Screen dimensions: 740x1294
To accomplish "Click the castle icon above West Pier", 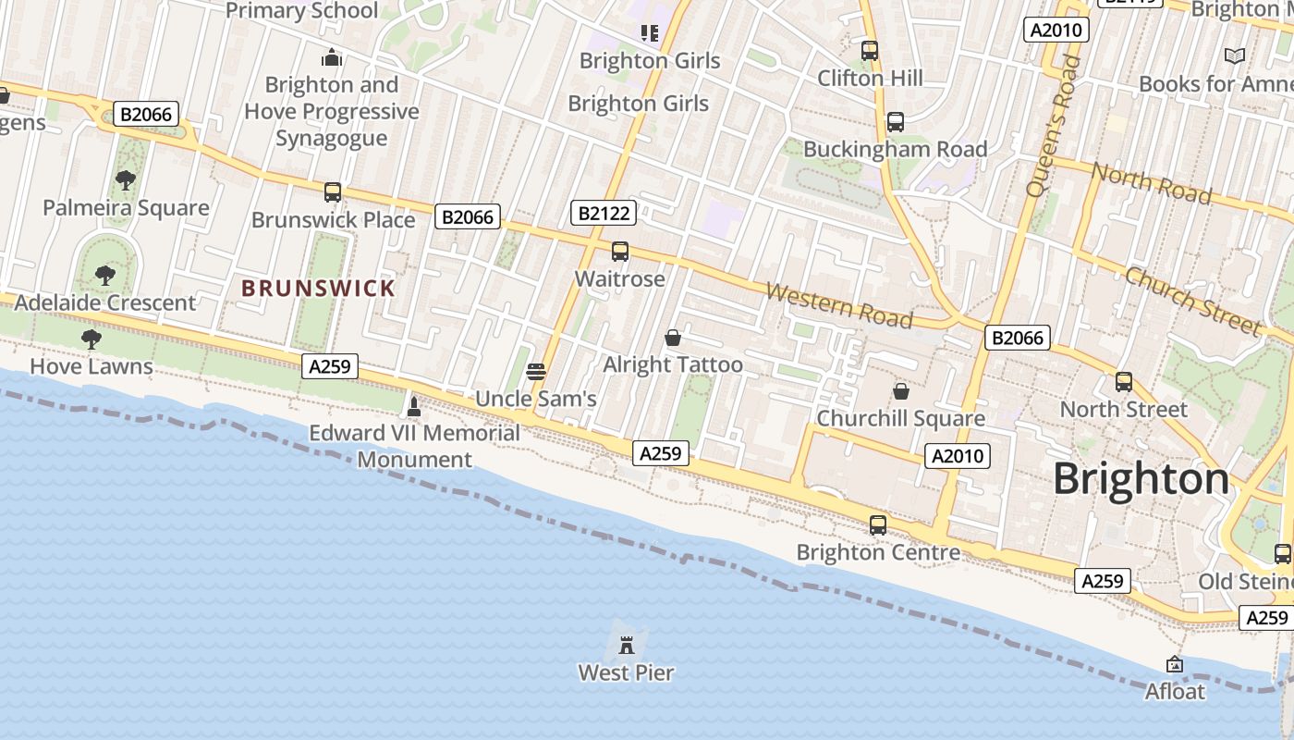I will coord(627,645).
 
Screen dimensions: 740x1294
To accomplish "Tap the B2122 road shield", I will coord(604,214).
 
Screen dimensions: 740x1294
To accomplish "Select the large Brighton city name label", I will coord(1141,479).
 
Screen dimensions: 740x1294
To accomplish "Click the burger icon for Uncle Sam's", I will coord(536,372).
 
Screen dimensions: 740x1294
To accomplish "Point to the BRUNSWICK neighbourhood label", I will coord(318,289).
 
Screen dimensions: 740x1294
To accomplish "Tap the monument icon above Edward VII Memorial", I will coord(414,406).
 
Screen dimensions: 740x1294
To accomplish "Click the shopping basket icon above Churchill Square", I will coord(901,391).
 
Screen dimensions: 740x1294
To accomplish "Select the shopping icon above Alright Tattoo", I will coord(673,338).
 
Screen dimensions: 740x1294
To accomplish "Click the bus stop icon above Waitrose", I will coord(620,252).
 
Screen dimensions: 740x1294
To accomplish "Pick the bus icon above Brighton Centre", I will coord(878,525).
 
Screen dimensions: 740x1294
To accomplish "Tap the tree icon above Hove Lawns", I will coord(91,339).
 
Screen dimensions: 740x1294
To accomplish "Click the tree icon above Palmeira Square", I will coord(126,180).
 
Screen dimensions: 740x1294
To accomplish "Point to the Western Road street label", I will coord(839,306).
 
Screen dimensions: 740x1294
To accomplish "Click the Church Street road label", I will coord(1192,301).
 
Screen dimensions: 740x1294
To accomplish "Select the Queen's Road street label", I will coord(1053,125).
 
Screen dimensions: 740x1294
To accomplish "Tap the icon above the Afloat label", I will coord(1175,664).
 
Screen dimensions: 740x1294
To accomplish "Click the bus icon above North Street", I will coord(1124,382).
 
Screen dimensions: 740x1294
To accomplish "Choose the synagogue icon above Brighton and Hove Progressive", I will coord(332,58).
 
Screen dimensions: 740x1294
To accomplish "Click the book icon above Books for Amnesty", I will coord(1235,55).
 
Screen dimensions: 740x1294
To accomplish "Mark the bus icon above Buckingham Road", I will coord(895,122).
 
